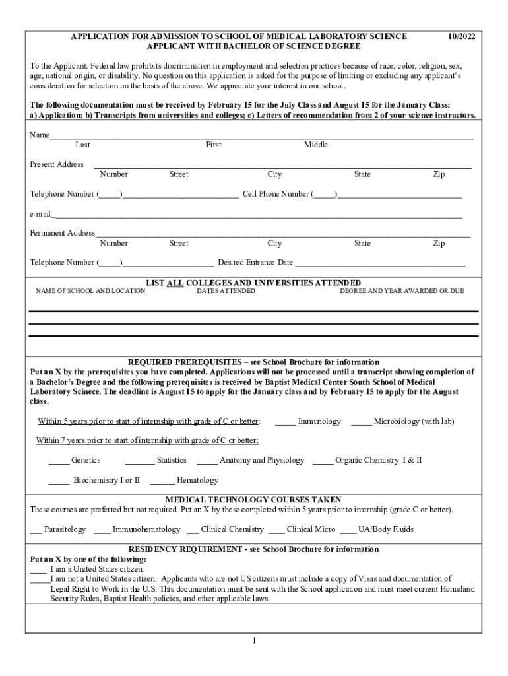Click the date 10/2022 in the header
coord(460,37)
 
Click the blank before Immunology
coord(285,422)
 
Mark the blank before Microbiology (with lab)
coord(361,422)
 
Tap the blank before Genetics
coord(59,461)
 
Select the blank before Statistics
coord(139,461)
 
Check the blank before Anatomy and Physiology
coord(206,461)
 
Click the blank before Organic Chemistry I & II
coord(323,461)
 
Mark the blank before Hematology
coord(162,481)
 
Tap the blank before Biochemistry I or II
coord(59,481)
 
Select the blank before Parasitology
coord(36,530)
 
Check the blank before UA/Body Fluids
coord(348,530)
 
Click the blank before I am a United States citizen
coord(38,569)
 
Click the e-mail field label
coord(40,214)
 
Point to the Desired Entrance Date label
coord(255,263)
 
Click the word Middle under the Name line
coord(315,145)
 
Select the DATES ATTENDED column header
coord(226,291)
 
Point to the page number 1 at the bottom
coord(253,641)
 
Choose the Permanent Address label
coord(62,233)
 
